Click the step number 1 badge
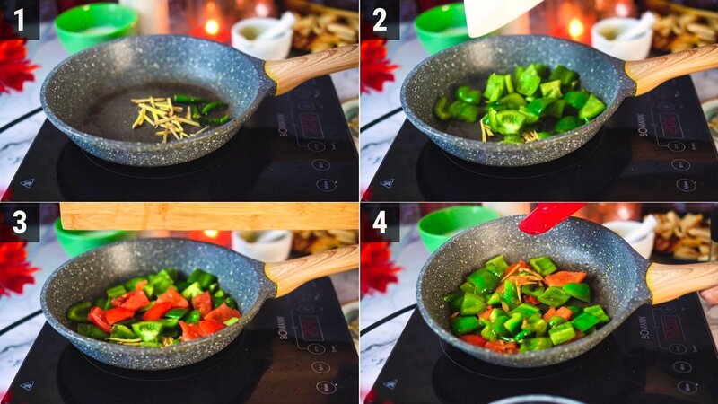click(x=19, y=19)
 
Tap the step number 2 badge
click(x=380, y=19)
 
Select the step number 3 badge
click(x=19, y=222)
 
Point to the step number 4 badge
click(x=380, y=222)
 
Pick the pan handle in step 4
click(x=680, y=280)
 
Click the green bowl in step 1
click(x=95, y=27)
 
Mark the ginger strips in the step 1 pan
click(x=165, y=117)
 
